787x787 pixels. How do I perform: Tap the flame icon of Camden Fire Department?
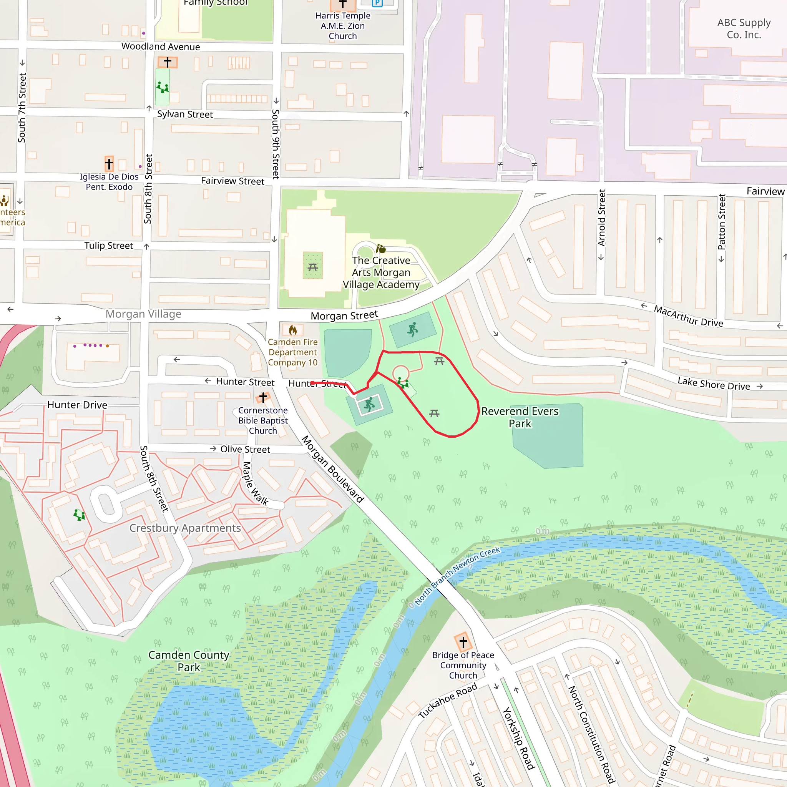(292, 330)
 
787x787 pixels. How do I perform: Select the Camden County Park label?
(189, 661)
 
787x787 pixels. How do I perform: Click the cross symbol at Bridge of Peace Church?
(463, 643)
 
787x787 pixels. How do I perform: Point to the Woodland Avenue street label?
(161, 46)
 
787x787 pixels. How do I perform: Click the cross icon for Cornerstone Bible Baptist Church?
(263, 397)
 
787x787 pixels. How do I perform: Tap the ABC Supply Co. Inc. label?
(744, 28)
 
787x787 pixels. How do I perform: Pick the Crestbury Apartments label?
(185, 528)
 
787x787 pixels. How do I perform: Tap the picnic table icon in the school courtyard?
(313, 267)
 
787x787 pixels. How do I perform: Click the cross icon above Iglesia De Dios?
(109, 164)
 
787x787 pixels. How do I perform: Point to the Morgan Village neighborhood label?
(143, 314)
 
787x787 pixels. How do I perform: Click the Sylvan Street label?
(185, 115)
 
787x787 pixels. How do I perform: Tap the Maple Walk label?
(255, 483)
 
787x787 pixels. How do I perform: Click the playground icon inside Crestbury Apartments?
(79, 515)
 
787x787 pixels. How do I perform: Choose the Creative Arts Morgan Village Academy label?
(381, 272)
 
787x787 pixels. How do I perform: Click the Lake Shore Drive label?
(713, 384)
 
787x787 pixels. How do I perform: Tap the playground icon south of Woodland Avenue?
(163, 87)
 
